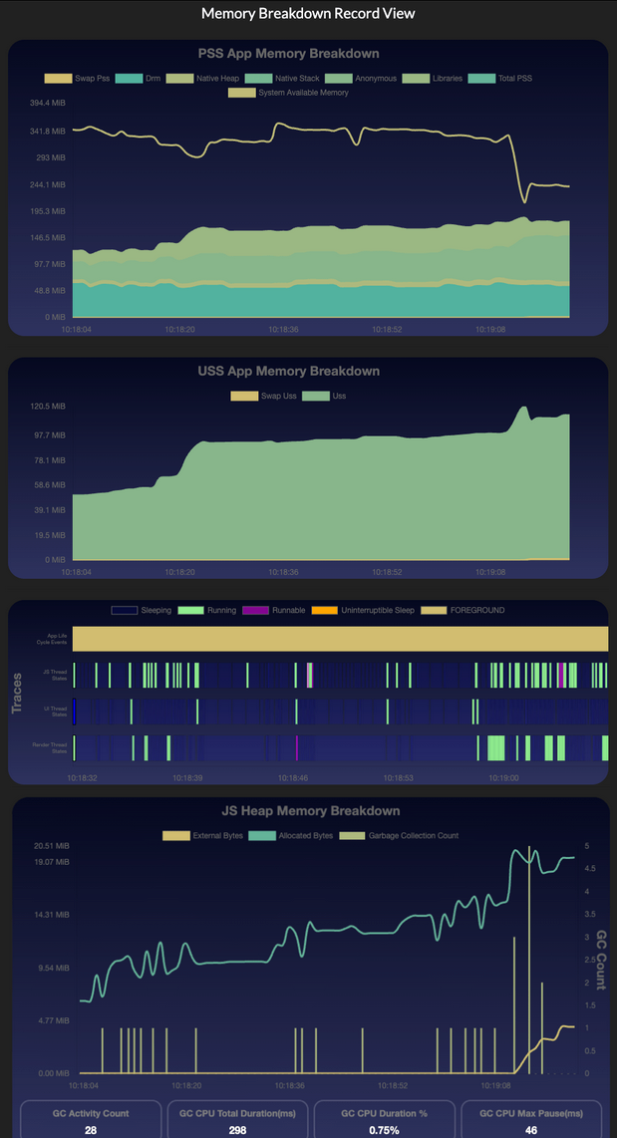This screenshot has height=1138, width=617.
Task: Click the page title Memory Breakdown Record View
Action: pos(308,14)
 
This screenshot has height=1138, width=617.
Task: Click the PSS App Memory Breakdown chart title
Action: pos(308,53)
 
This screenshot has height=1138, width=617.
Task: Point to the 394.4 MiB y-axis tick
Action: pos(48,104)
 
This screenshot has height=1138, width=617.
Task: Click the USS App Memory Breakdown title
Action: pos(308,371)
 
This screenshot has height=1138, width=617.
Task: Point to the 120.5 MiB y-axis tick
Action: pos(49,407)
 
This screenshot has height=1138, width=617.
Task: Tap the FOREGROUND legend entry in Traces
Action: pos(477,610)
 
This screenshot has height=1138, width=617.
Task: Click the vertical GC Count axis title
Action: pos(601,960)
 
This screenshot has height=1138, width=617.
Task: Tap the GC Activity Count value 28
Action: pos(90,1130)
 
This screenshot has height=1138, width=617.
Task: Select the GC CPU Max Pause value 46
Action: pos(531,1130)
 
